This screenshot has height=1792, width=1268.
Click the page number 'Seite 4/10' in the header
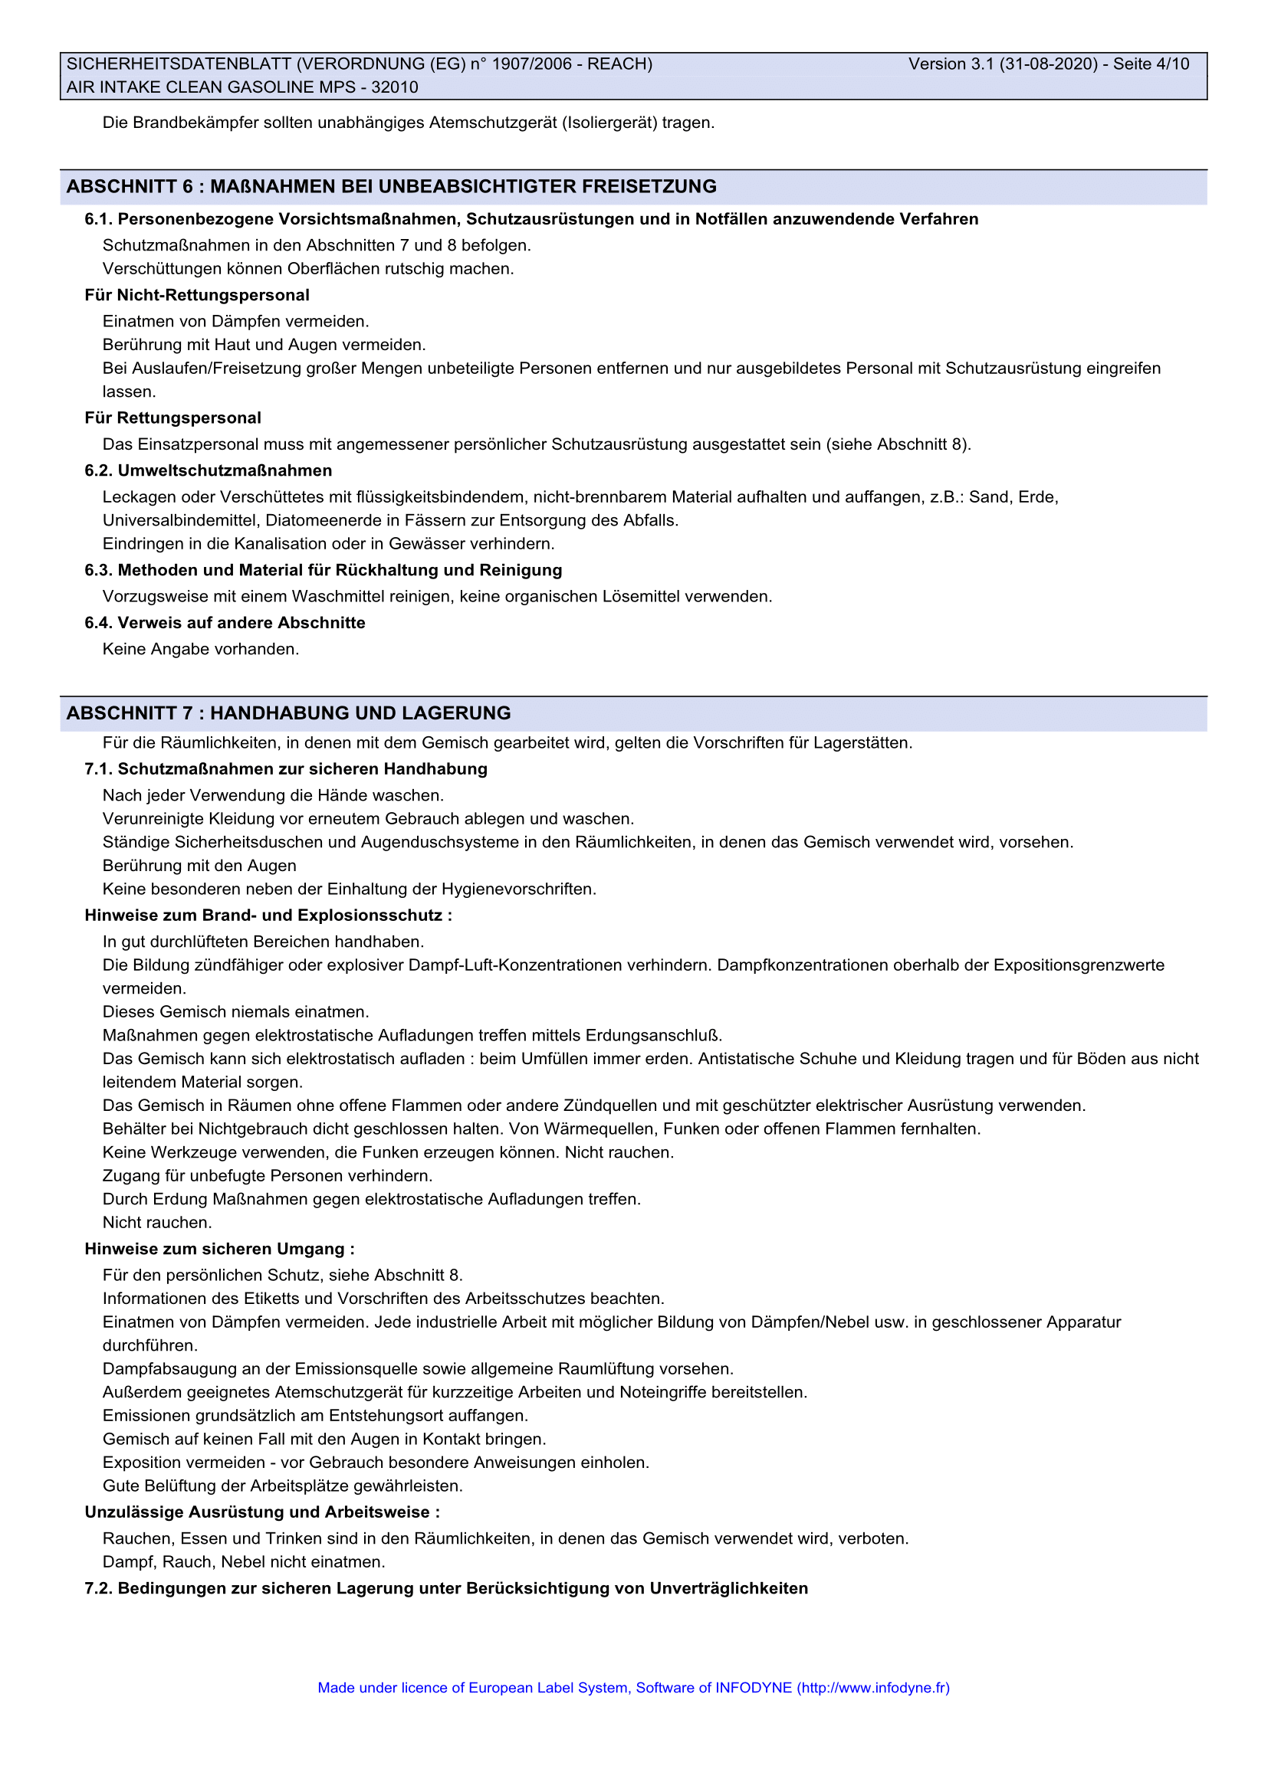1151,64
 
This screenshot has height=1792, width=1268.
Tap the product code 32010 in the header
394,87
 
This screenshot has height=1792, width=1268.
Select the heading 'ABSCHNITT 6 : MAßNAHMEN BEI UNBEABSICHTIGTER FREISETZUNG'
391,186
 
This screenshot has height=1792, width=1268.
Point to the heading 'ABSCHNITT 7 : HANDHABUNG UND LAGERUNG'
288,713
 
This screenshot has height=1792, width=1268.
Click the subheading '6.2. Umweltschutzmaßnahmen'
209,470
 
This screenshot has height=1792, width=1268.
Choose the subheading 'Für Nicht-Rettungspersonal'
197,295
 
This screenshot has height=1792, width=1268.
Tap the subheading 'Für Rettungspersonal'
172,418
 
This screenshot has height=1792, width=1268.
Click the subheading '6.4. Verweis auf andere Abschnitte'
225,623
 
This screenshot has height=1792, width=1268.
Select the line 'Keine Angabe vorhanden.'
201,649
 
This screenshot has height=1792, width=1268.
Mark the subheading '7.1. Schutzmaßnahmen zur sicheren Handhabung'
286,768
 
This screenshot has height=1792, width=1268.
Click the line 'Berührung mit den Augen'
199,866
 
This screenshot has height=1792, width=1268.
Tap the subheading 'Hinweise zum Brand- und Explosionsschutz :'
268,915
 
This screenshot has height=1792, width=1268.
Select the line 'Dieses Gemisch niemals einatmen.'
236,1011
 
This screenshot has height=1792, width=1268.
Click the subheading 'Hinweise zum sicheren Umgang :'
219,1249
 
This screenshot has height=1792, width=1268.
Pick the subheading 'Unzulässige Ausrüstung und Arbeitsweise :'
262,1512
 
